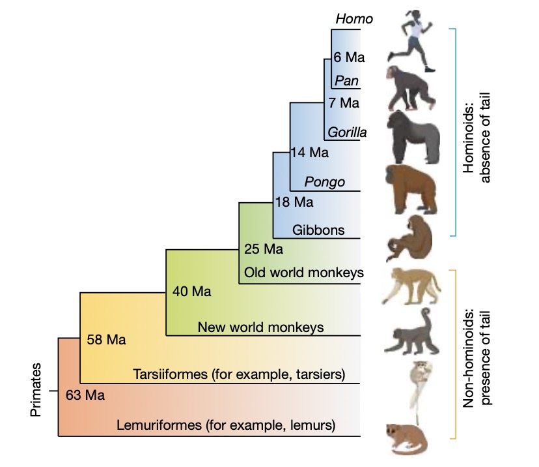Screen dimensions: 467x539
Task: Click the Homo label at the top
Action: [354, 19]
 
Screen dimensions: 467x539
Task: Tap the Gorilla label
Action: [348, 132]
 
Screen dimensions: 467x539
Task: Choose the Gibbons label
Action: [318, 230]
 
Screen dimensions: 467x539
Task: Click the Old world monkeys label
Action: [303, 272]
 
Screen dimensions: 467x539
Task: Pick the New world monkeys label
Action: [260, 327]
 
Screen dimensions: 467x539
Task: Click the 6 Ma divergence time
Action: [348, 57]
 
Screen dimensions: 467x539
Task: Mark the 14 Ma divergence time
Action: [311, 153]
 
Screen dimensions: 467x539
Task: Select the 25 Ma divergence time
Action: [263, 249]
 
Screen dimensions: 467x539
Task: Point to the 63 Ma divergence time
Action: [85, 395]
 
